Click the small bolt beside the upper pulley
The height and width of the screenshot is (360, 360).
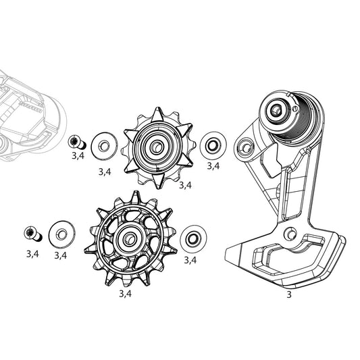point(76,141)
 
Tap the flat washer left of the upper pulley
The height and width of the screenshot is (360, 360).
point(103,143)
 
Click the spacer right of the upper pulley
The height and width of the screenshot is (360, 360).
point(212,143)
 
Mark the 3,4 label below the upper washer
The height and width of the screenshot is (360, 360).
point(104,172)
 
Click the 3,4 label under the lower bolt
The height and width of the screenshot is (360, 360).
point(32,254)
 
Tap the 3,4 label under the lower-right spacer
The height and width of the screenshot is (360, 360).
point(190,259)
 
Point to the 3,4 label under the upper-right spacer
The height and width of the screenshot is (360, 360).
point(213,165)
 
